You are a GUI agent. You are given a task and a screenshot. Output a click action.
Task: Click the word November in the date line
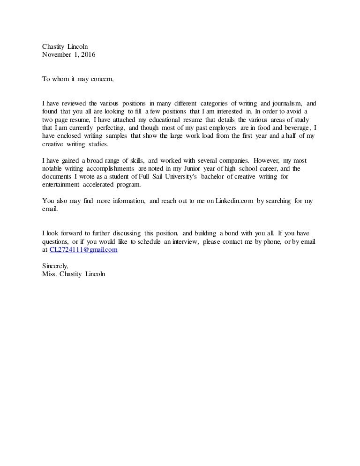tap(57, 54)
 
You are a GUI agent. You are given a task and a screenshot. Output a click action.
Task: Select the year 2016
tap(87, 54)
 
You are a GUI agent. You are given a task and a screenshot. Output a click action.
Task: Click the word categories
tap(213, 103)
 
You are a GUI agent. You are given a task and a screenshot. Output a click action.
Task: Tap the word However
tap(265, 160)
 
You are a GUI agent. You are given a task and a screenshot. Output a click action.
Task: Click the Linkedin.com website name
tap(234, 201)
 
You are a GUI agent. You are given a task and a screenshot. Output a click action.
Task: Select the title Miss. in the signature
tap(50, 274)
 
